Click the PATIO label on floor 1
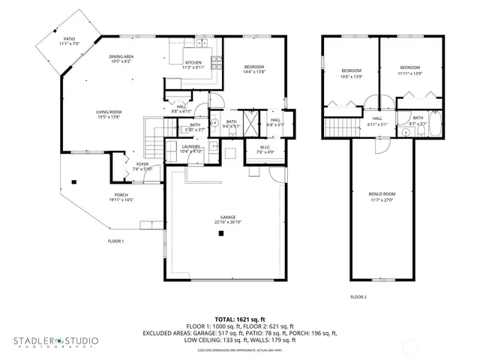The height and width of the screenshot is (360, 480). tap(69, 37)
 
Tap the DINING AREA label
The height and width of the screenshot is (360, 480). tap(121, 56)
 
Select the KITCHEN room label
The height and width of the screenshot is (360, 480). tap(193, 62)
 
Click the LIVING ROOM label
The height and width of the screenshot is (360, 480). tap(109, 112)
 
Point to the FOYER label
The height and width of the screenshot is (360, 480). tap(142, 164)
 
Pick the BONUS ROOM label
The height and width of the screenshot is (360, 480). tap(382, 194)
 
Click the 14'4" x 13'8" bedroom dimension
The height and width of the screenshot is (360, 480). tap(253, 72)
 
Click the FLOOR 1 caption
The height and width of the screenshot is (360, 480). tap(115, 241)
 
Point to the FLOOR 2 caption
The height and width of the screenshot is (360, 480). tap(358, 297)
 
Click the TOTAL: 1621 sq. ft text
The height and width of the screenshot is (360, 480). tap(239, 319)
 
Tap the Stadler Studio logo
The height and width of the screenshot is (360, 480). tap(55, 341)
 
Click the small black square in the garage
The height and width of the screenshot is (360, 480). tap(222, 234)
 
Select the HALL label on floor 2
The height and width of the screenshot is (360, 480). tap(377, 118)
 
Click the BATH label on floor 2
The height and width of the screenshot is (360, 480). tap(418, 118)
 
